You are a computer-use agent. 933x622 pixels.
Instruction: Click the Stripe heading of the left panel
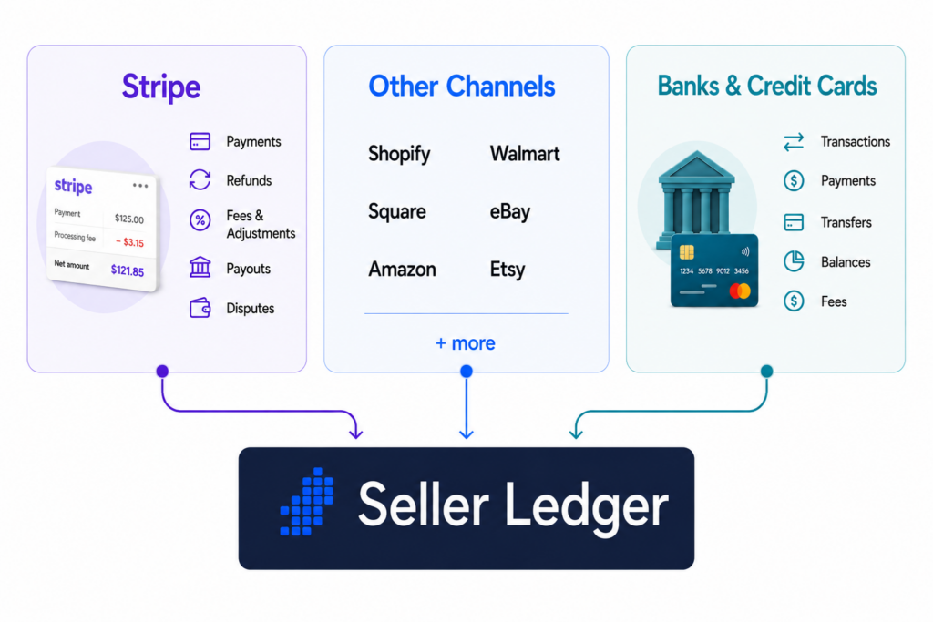[161, 87]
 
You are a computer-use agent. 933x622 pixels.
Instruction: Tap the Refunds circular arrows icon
[200, 179]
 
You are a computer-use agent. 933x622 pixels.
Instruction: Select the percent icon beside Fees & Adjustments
[200, 220]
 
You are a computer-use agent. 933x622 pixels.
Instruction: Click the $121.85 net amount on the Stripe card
[128, 271]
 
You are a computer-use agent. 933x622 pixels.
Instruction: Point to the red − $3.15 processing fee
[129, 242]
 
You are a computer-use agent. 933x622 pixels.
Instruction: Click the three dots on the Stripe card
[140, 186]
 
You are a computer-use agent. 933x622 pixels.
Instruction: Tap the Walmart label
[525, 154]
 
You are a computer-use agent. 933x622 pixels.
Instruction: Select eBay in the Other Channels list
[510, 211]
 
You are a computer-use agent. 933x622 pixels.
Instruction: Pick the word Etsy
[508, 270]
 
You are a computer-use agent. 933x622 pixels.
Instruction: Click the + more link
[466, 343]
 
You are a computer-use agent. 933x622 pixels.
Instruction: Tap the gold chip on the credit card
[687, 252]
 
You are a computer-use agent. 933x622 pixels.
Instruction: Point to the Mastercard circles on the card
[740, 291]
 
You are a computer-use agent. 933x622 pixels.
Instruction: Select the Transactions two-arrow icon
[794, 141]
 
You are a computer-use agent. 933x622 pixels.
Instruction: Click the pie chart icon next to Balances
[794, 261]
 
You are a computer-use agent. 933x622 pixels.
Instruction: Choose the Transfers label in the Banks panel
[846, 222]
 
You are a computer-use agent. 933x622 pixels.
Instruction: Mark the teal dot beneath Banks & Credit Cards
[767, 371]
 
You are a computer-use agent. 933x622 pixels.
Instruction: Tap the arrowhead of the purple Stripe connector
[356, 433]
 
